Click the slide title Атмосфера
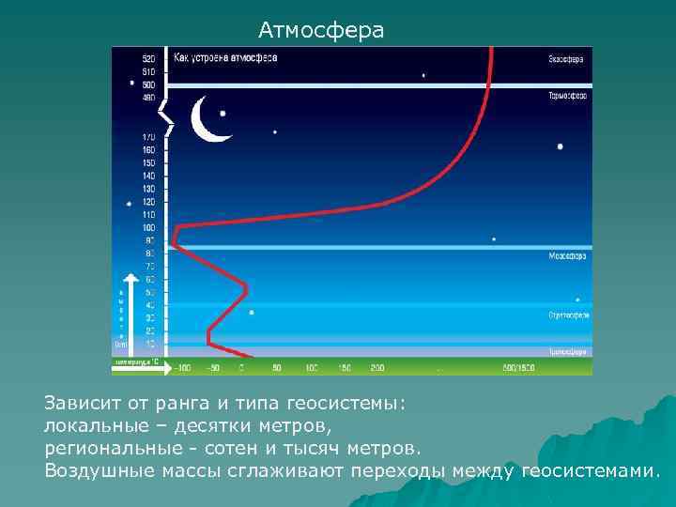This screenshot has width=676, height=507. tap(321, 31)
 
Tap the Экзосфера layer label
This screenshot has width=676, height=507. tap(566, 59)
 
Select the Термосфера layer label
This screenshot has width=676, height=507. tap(567, 95)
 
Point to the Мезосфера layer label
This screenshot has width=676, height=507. tap(567, 255)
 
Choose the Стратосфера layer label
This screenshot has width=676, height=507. tap(568, 315)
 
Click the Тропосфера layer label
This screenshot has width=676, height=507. tap(567, 352)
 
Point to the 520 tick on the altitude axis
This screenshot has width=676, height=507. tap(148, 59)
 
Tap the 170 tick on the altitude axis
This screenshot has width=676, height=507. tap(148, 137)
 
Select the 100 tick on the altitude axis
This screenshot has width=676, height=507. tap(148, 227)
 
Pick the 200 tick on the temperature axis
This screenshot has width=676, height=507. tap(377, 366)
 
